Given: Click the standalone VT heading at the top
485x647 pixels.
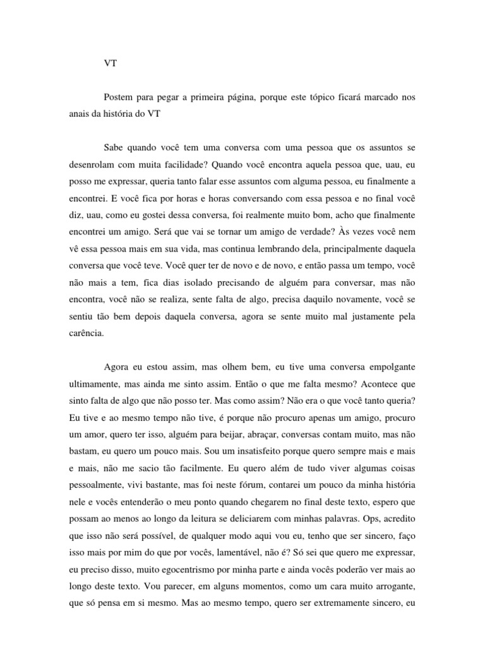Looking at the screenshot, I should coord(111,64).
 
